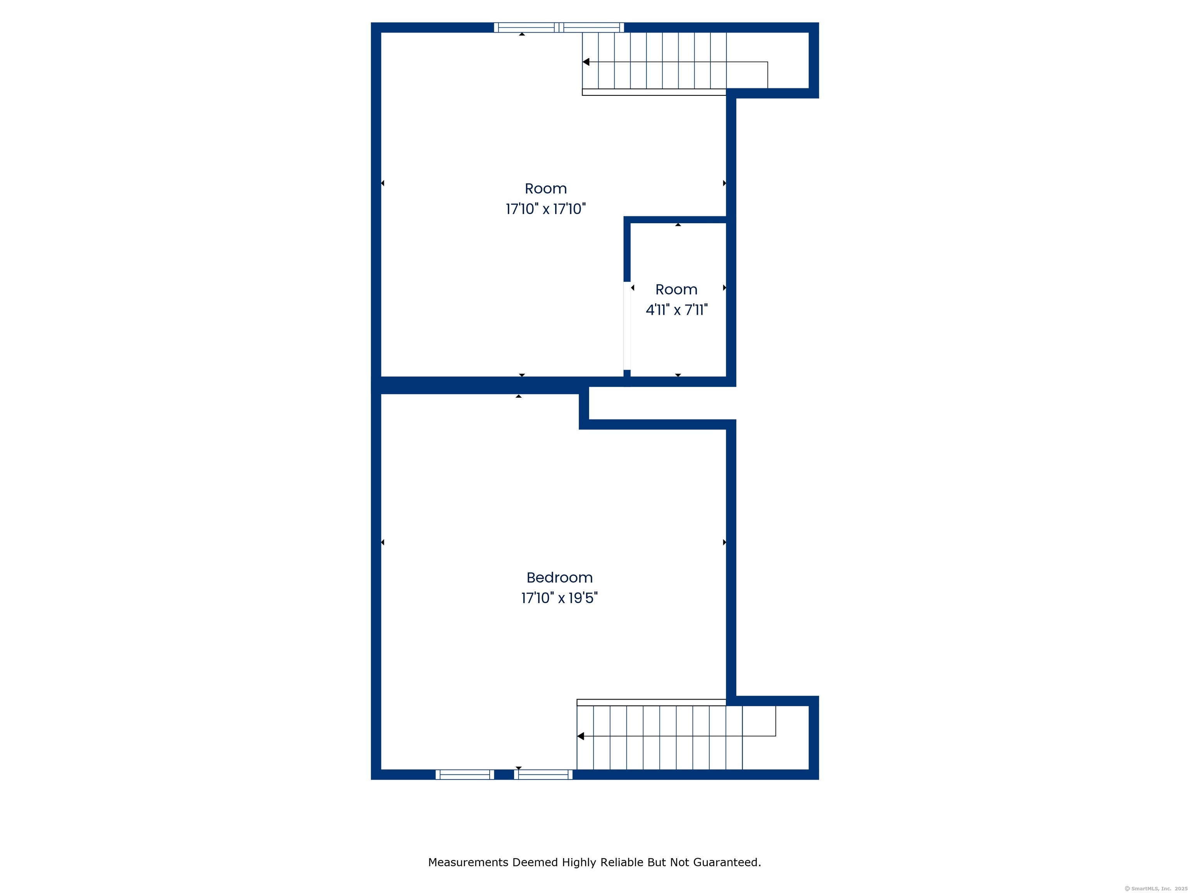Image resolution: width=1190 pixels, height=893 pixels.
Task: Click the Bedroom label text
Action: click(x=559, y=578)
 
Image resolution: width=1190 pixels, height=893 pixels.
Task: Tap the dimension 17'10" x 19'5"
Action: click(x=559, y=598)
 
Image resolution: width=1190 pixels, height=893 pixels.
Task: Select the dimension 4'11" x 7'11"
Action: click(x=676, y=310)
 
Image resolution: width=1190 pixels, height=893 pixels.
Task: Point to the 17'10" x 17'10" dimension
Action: click(x=545, y=209)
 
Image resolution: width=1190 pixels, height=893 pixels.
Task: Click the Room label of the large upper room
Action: click(x=545, y=189)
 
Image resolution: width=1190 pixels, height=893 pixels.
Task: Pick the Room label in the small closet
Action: click(x=676, y=290)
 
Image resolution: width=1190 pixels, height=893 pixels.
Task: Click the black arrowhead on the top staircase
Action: click(x=586, y=62)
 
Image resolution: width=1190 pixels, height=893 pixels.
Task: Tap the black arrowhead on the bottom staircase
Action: click(x=581, y=736)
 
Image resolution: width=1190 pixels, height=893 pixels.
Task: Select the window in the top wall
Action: click(x=559, y=28)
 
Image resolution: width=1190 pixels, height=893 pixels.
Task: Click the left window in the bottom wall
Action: click(x=465, y=774)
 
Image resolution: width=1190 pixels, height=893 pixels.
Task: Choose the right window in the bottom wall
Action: click(x=543, y=774)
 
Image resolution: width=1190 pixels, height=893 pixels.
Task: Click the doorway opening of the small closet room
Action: click(x=627, y=326)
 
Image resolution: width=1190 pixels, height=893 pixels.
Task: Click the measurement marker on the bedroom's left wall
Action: click(x=382, y=542)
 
